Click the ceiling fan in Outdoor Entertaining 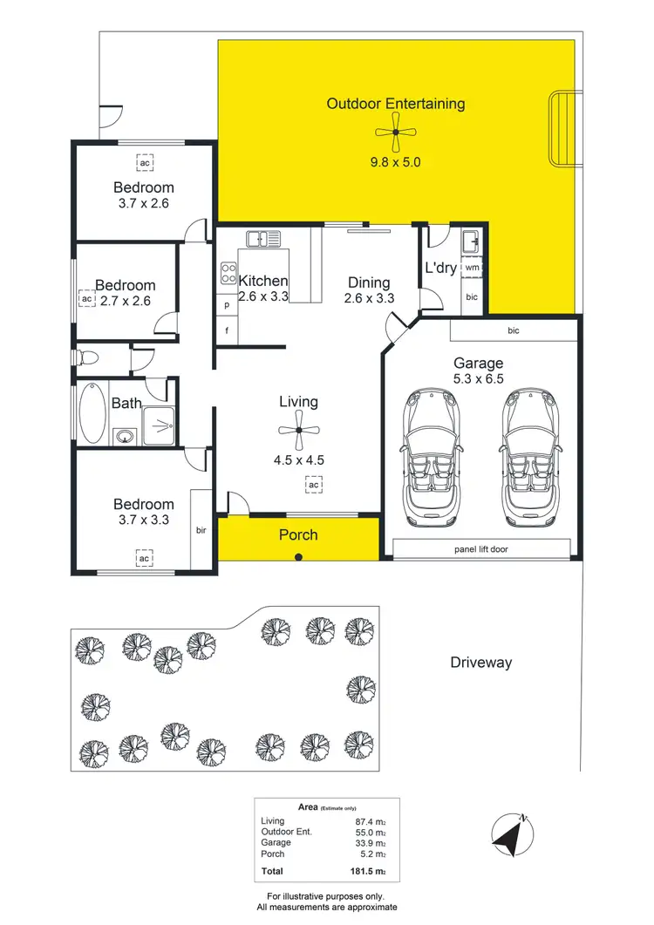(x=395, y=133)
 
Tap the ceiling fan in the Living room (x=298, y=430)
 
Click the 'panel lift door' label (x=481, y=548)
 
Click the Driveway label (x=480, y=663)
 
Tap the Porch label (x=298, y=534)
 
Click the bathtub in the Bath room (x=90, y=413)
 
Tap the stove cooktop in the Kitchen (x=228, y=273)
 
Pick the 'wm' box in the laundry (x=472, y=268)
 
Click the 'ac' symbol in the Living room (x=312, y=484)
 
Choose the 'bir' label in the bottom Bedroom (x=201, y=529)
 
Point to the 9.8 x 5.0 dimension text (x=397, y=161)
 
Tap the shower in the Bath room (x=158, y=425)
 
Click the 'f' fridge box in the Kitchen (x=227, y=331)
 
